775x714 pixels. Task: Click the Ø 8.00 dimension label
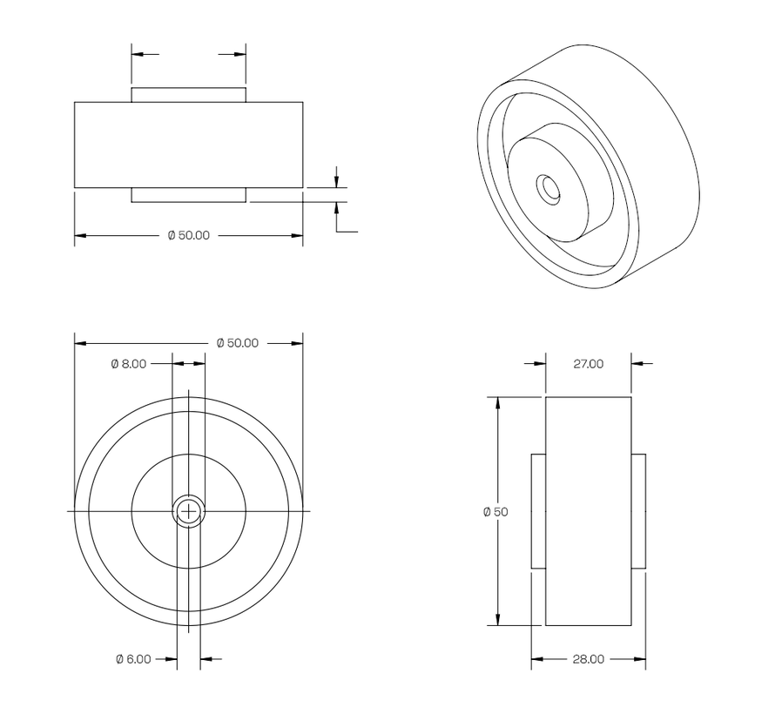[129, 364]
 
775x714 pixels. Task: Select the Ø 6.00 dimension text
[133, 659]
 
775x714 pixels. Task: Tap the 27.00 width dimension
[588, 364]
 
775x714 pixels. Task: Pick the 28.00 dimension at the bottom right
[588, 659]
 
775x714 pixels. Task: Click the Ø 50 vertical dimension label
[495, 512]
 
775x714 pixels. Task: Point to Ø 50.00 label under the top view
[188, 235]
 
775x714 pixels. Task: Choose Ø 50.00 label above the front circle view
[237, 343]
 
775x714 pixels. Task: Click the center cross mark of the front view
[189, 511]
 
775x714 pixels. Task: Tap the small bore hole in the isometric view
[549, 188]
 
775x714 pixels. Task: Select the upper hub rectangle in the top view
[189, 94]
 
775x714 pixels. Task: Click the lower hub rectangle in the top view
[189, 195]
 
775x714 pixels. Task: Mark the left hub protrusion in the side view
[538, 512]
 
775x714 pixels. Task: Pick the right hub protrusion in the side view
[638, 512]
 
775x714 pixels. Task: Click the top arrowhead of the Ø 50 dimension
[498, 403]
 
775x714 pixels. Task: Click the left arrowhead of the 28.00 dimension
[536, 659]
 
